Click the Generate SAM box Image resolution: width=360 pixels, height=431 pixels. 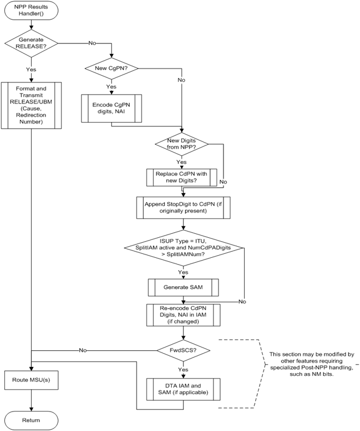tap(183, 287)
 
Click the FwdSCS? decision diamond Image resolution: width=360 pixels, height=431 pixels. tap(183, 351)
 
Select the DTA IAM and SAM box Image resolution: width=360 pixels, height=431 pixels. tap(183, 388)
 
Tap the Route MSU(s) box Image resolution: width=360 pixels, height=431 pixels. tap(31, 381)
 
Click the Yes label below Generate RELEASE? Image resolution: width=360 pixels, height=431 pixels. tap(31, 70)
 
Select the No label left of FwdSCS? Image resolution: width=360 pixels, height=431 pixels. tap(82, 351)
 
